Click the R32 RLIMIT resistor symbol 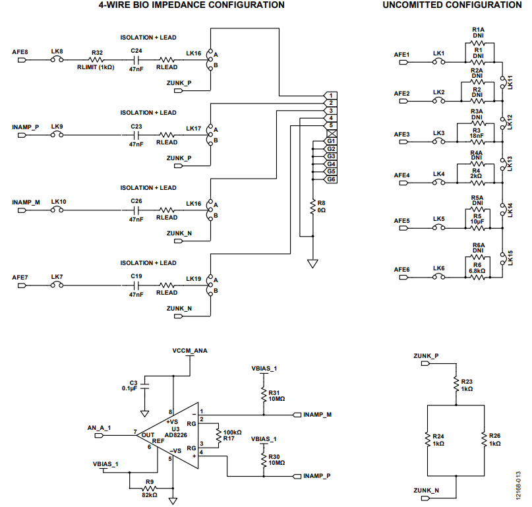coord(97,60)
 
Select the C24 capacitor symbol coord(136,60)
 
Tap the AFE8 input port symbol coord(22,60)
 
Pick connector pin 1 coord(330,96)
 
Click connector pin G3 coord(331,156)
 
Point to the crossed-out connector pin coord(332,133)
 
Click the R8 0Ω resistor coord(313,207)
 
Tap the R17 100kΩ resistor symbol coord(218,436)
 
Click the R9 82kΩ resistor coord(149,489)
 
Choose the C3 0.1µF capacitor coord(145,386)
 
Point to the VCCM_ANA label coord(190,351)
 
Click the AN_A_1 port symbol coord(99,435)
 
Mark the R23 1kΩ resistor coord(456,385)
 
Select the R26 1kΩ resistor coord(484,439)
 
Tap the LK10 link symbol coord(57,210)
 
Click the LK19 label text coord(193,279)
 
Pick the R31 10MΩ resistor coord(264,396)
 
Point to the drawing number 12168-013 coord(518,485)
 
